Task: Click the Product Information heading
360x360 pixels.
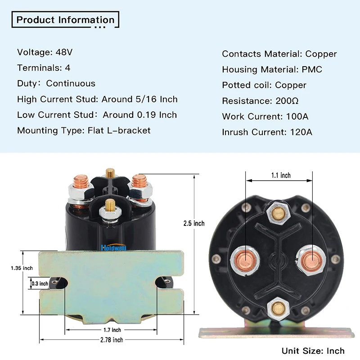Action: pos(66,20)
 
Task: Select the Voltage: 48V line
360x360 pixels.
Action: pos(45,52)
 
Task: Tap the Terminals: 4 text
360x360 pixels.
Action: pos(44,68)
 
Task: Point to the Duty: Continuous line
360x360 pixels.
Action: pos(56,84)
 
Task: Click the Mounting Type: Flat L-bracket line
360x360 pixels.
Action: pos(84,130)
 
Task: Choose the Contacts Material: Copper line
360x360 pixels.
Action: pos(279,54)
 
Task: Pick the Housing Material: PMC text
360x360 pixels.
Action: pos(272,70)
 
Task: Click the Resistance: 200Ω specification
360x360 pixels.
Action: pos(261,101)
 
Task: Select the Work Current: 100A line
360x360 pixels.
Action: pos(265,117)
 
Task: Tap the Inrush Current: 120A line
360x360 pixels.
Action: pos(267,132)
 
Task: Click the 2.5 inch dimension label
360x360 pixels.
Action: pos(194,224)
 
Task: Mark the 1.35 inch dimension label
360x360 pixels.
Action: pos(22,268)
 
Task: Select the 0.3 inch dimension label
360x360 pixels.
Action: pos(40,283)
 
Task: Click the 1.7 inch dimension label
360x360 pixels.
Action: pos(111,329)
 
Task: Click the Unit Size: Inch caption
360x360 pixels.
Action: pos(313,351)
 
